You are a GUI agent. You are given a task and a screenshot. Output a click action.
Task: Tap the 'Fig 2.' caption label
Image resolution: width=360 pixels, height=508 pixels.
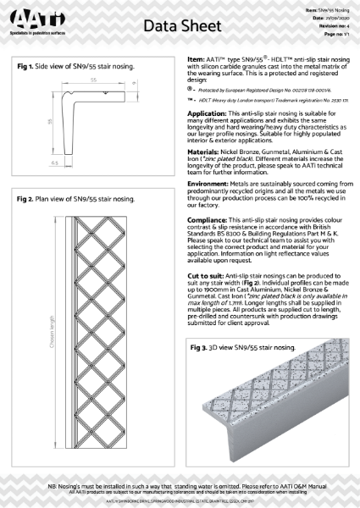pyautogui.click(x=28, y=199)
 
